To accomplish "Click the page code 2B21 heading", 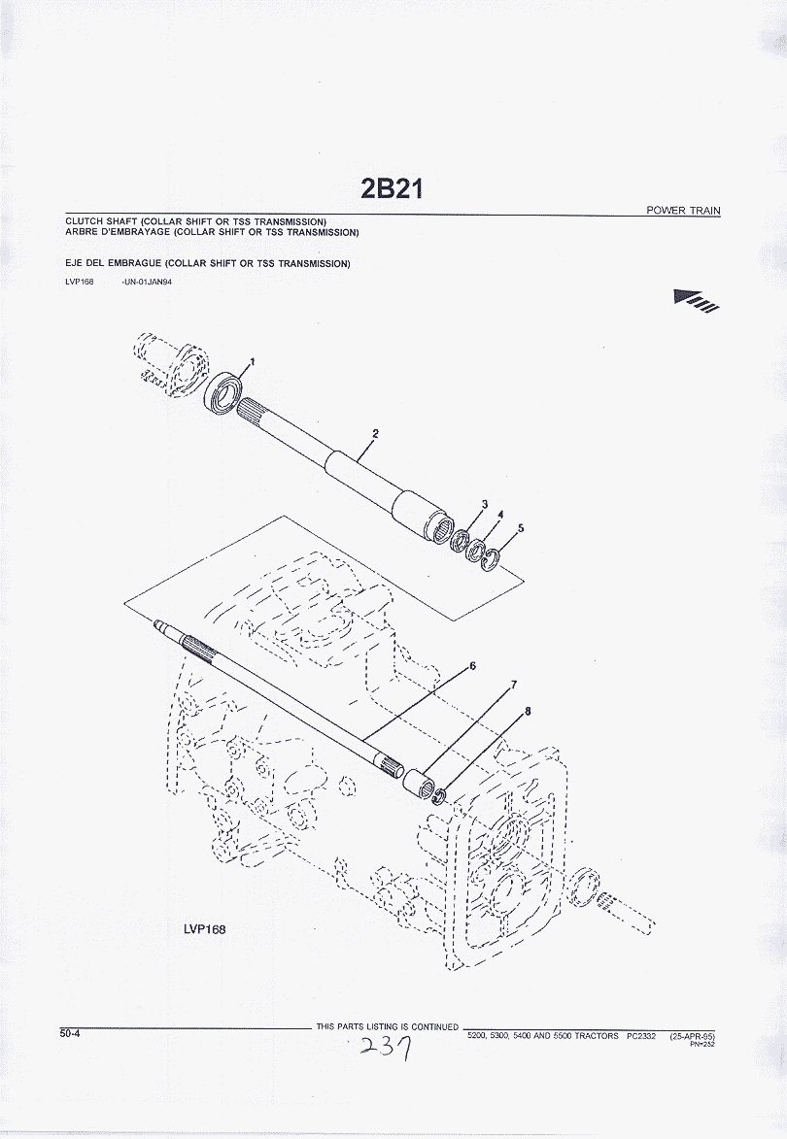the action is coord(391,189).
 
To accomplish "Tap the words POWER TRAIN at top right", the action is coord(683,211).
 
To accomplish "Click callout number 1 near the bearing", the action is coord(253,361).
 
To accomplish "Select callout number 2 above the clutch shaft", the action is coord(375,434).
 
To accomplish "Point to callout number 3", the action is coord(485,504).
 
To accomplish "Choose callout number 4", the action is coord(500,515).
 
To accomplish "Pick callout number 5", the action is coord(521,528).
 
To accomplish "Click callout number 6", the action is coord(472,665).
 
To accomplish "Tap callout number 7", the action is coord(514,685).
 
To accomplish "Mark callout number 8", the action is coord(528,711).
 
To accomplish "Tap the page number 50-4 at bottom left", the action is coord(70,1033).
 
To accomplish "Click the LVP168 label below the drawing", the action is coord(205,929).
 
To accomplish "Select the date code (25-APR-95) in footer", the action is coord(693,1036).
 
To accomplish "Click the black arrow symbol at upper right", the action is coord(697,300).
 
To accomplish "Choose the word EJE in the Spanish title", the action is coord(74,264).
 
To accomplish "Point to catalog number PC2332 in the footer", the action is coord(641,1036).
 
